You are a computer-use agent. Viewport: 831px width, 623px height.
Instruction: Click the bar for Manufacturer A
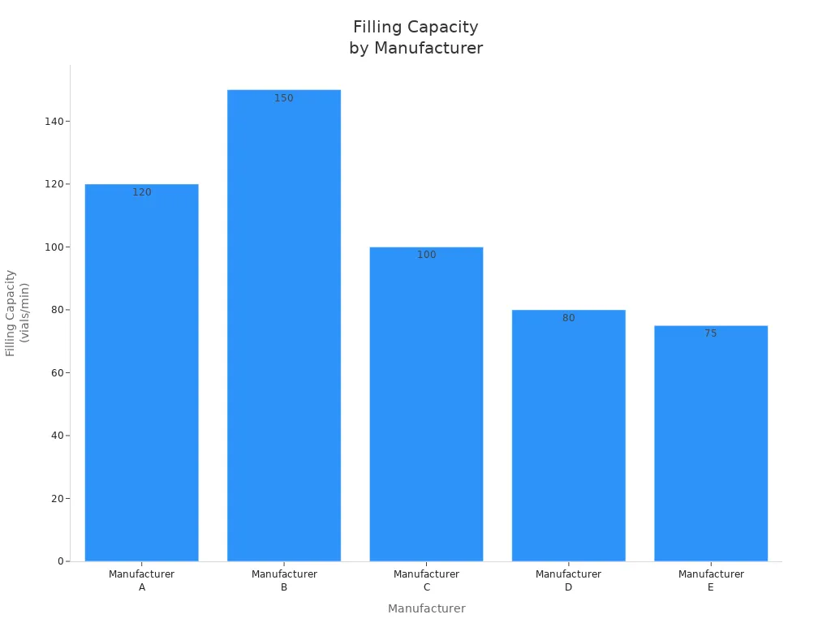click(x=141, y=373)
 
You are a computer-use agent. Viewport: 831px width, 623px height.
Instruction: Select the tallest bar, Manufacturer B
click(x=284, y=324)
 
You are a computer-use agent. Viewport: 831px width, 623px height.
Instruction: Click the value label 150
click(x=284, y=98)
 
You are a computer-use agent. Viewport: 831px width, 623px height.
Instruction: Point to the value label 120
click(x=142, y=192)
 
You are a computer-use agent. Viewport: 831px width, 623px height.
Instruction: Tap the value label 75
click(x=711, y=333)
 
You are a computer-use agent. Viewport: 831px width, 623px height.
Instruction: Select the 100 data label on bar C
click(x=427, y=255)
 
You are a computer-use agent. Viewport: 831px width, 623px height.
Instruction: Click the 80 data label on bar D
click(x=568, y=318)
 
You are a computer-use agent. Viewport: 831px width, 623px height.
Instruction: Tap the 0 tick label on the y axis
click(x=61, y=561)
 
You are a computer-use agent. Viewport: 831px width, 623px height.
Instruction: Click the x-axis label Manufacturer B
click(x=284, y=580)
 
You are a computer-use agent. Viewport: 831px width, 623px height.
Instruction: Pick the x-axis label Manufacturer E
click(x=711, y=580)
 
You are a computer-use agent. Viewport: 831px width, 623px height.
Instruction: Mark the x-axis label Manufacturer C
click(x=426, y=580)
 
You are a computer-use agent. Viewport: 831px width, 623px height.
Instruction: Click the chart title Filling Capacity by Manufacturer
click(x=415, y=37)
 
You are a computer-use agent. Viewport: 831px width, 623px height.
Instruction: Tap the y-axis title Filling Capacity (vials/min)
click(x=17, y=312)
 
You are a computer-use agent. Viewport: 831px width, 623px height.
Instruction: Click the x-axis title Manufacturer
click(x=426, y=608)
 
